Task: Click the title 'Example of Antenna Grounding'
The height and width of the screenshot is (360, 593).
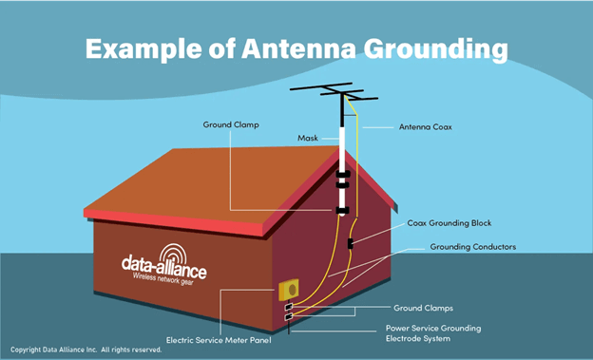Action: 296,48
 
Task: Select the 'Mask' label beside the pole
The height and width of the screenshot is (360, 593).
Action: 308,139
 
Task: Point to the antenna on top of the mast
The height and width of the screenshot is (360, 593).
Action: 332,93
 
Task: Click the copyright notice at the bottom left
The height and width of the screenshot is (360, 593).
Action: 86,350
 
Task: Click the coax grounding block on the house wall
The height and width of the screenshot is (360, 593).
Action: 351,244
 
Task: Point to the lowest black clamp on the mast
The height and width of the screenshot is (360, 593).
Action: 341,209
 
